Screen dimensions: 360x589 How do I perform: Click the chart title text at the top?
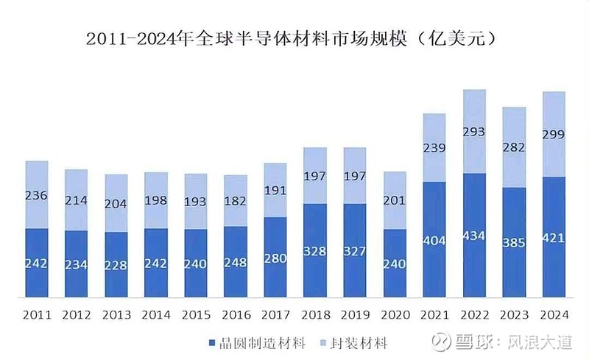pyautogui.click(x=294, y=39)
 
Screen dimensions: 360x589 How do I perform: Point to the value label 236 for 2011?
pyautogui.click(x=37, y=195)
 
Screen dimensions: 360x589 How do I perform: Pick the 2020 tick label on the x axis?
pyautogui.click(x=394, y=315)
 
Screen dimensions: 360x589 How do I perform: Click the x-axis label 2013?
pyautogui.click(x=116, y=315)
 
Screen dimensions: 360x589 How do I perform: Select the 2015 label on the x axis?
pyautogui.click(x=195, y=315)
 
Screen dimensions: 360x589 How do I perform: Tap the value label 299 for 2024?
pyautogui.click(x=553, y=134)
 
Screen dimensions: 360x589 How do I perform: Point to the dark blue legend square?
pyautogui.click(x=214, y=344)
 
